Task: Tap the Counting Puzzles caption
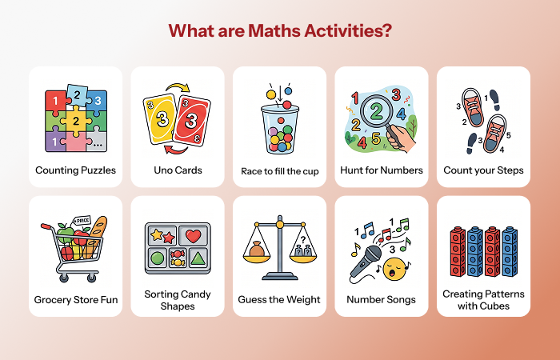(x=75, y=170)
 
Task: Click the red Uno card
(x=193, y=121)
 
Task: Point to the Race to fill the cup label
(x=279, y=170)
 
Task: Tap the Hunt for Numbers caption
(x=381, y=170)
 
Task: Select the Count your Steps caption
(x=483, y=170)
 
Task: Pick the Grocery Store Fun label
(x=75, y=300)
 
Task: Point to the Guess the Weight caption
(x=279, y=300)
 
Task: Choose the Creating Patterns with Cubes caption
(x=483, y=300)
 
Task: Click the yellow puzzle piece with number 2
(x=76, y=122)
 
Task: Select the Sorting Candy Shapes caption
(x=178, y=300)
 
